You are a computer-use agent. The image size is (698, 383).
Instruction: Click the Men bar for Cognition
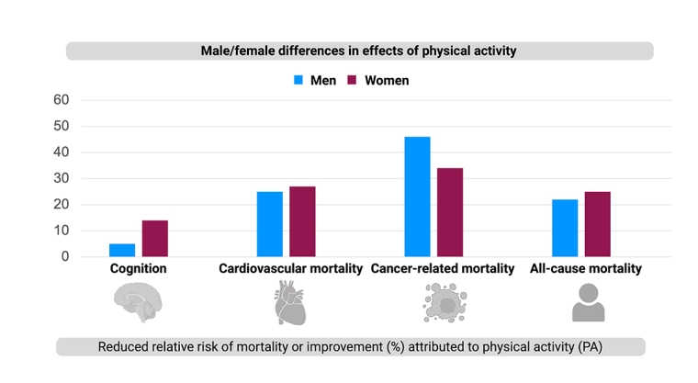pos(122,250)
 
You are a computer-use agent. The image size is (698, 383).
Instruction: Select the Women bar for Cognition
pos(155,239)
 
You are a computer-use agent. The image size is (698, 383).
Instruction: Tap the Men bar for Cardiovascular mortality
pos(270,224)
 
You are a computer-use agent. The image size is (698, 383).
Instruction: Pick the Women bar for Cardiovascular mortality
pos(302,221)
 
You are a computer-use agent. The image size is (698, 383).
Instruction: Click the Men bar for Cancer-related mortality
pos(417,197)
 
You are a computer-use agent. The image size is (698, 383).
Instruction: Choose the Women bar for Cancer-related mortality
pos(450,212)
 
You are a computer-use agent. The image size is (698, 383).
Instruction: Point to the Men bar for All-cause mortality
pos(565,228)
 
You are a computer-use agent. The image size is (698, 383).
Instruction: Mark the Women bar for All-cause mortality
pos(597,224)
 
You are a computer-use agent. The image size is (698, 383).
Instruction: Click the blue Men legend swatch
pos(298,81)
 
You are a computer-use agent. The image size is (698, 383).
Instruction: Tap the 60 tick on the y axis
pos(62,99)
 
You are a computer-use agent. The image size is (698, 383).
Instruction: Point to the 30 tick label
pos(62,178)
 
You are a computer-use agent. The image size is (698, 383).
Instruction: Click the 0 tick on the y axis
pos(65,257)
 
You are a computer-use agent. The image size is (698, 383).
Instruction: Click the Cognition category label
pos(138,269)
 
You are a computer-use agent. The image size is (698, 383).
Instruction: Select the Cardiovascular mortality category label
pos(290,269)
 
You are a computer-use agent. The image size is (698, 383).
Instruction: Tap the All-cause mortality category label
pos(586,269)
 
